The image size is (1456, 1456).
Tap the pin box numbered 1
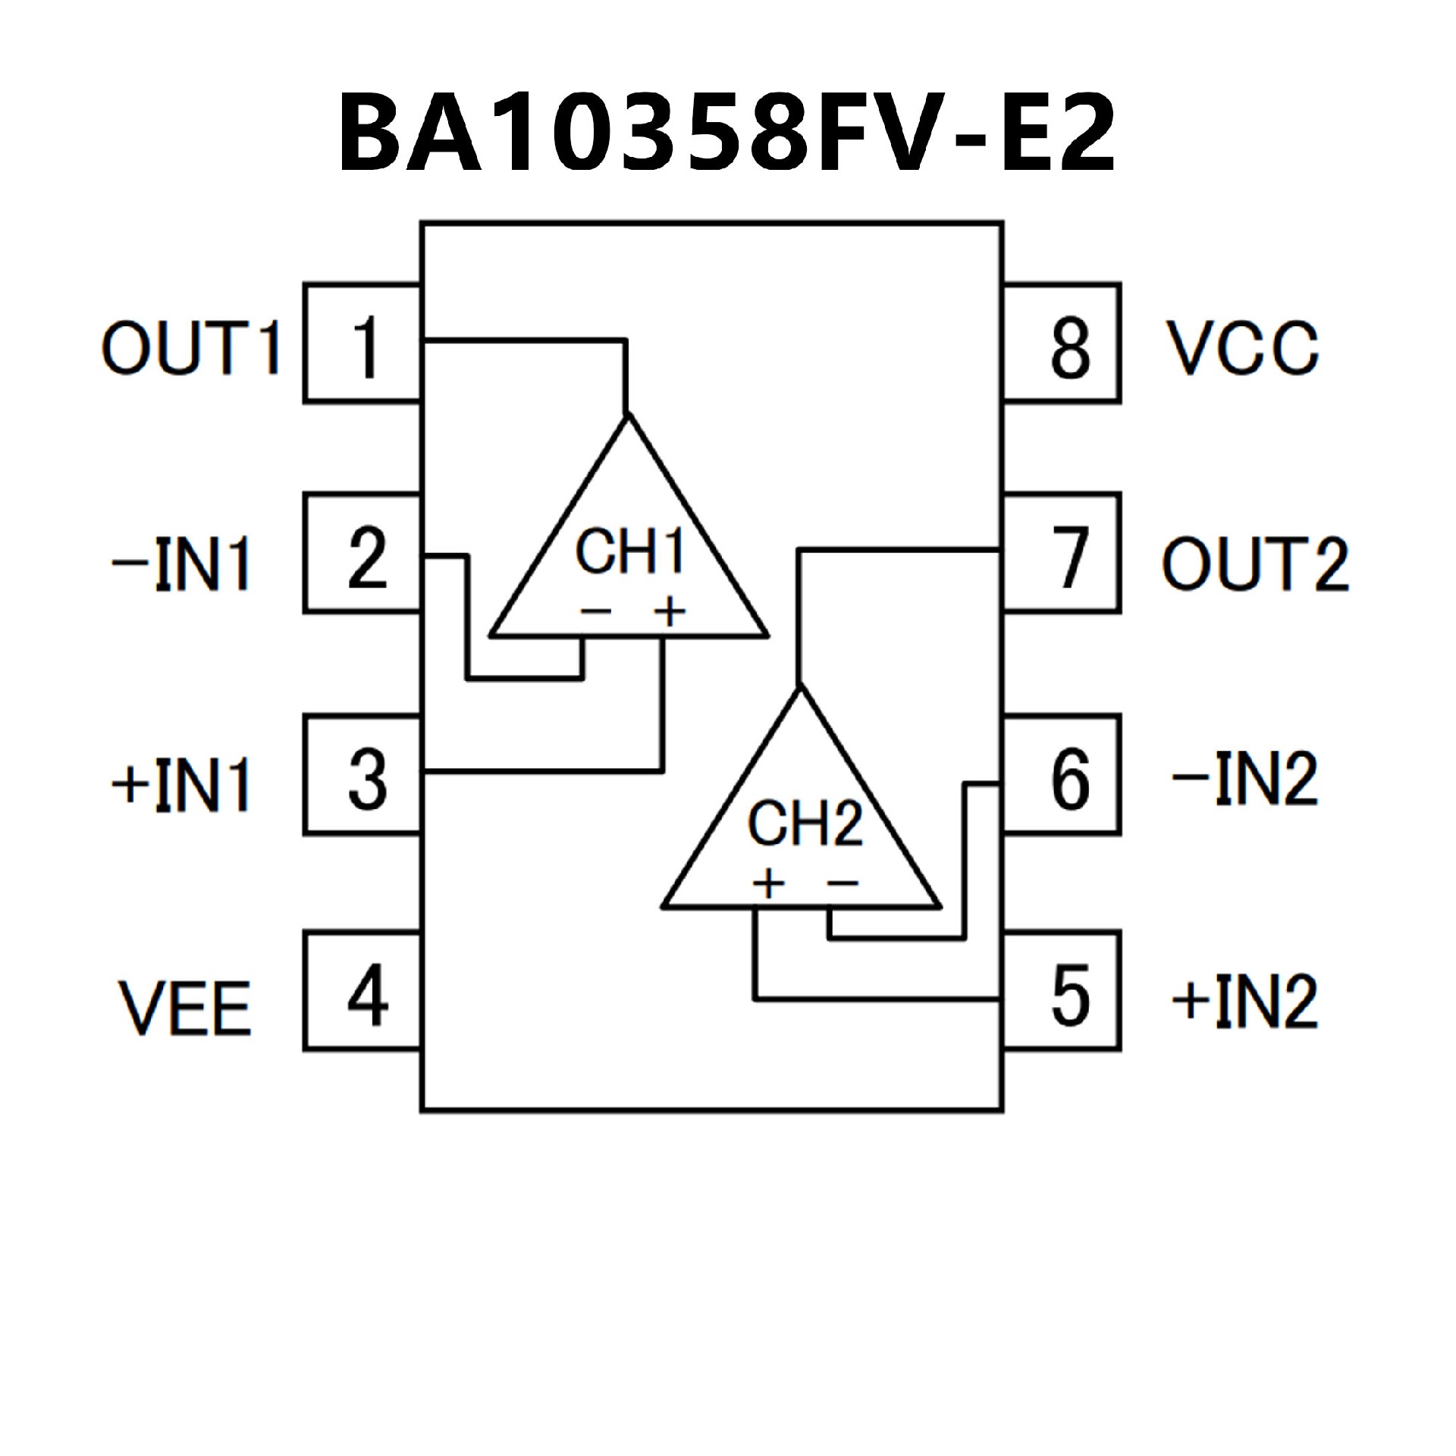pos(362,344)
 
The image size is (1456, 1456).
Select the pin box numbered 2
pos(362,554)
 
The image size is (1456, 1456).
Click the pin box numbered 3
pos(362,776)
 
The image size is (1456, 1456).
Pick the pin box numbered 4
pos(362,991)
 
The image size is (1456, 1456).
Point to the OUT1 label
pos(191,348)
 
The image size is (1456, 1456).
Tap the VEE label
pos(185,1009)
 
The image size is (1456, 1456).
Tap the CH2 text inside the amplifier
pos(805,824)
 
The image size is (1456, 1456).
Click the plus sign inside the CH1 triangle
pos(669,612)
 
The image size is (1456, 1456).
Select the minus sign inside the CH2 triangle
pos(843,882)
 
